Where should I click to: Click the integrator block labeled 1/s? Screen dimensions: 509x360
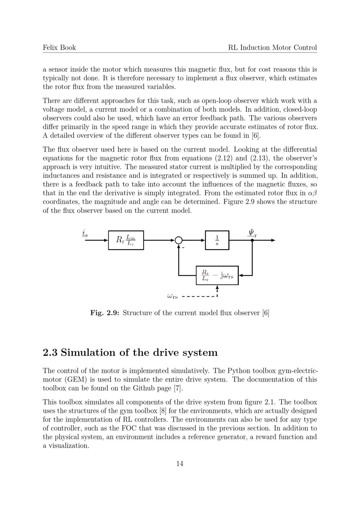click(217, 240)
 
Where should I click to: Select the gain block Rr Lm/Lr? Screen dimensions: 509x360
click(126, 240)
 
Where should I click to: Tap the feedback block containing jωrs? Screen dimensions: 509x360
click(217, 276)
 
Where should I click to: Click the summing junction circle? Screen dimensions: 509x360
click(179, 240)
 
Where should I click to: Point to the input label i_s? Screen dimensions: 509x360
click(85, 234)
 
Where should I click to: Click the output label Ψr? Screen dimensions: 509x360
click(252, 233)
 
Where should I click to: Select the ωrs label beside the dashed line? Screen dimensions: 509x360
click(172, 296)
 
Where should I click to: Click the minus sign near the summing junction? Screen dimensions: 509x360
click(183, 248)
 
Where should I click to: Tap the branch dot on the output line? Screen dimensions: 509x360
click(252, 240)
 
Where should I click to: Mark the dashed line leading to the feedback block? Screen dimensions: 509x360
click(200, 297)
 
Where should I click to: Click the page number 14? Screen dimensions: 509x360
click(180, 464)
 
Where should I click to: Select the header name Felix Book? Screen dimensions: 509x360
click(59, 48)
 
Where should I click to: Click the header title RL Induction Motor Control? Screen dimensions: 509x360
click(273, 48)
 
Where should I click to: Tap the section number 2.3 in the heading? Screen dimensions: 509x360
click(50, 352)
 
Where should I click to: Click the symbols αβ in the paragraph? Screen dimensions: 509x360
click(312, 193)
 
